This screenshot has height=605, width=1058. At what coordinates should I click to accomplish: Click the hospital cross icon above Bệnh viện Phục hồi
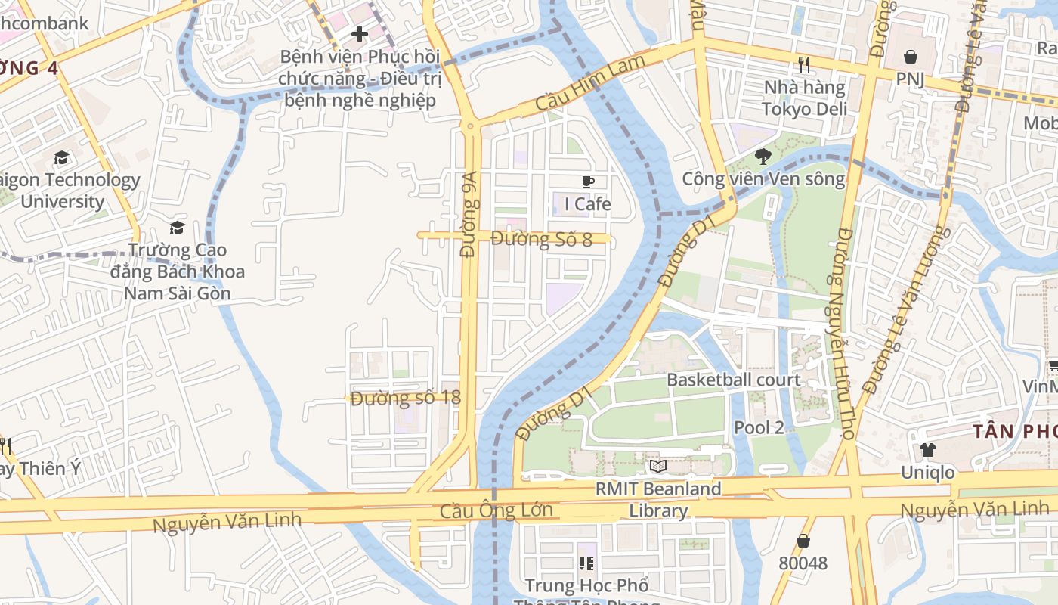(x=360, y=34)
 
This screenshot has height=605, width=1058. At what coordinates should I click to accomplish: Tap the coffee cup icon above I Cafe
(x=588, y=181)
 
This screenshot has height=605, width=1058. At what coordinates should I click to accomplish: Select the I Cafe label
(x=588, y=204)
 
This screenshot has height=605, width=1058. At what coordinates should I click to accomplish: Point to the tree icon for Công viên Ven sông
(x=763, y=157)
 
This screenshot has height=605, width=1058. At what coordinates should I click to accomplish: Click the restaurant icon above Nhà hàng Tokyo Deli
(x=803, y=65)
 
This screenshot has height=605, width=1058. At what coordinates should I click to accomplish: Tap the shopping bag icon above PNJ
(x=911, y=57)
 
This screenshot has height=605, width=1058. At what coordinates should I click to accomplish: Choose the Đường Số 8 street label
(x=541, y=239)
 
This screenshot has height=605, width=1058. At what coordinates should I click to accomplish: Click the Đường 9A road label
(x=469, y=214)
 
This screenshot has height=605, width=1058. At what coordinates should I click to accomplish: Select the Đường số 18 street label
(x=406, y=398)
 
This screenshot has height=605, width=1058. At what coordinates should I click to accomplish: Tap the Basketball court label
(x=733, y=380)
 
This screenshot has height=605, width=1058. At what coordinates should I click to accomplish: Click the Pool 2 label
(x=759, y=427)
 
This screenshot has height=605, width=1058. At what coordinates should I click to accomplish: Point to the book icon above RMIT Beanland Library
(x=658, y=467)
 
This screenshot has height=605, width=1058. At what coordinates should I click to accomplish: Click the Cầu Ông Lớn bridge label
(x=497, y=511)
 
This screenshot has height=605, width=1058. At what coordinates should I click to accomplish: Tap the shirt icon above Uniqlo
(x=927, y=450)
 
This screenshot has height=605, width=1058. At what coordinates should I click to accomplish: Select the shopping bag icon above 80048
(x=803, y=541)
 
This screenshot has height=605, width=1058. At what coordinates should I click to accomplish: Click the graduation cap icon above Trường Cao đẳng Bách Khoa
(x=178, y=228)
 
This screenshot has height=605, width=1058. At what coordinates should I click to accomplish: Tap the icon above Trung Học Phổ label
(x=586, y=563)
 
